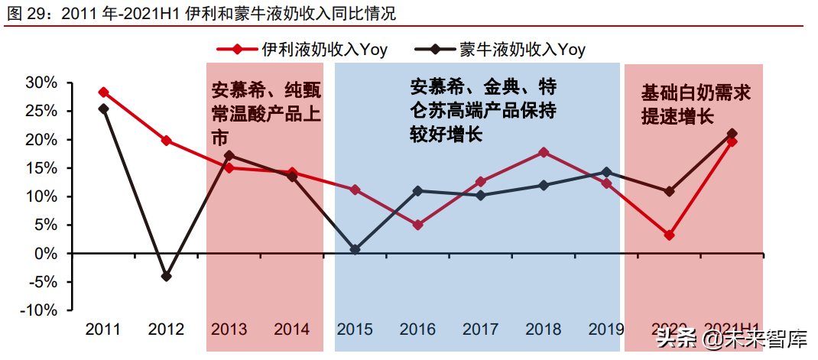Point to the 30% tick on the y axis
tap(41, 83)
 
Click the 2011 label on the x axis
tap(103, 330)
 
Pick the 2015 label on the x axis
tap(355, 330)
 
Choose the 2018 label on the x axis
tap(544, 330)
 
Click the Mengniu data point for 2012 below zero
tap(167, 276)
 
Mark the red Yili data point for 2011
tap(103, 92)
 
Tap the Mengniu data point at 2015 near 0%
tap(355, 249)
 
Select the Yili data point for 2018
tap(544, 152)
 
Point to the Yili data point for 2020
tap(669, 235)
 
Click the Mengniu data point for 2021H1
tap(732, 134)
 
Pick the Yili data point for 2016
tap(417, 225)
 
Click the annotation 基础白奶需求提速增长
tap(696, 105)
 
